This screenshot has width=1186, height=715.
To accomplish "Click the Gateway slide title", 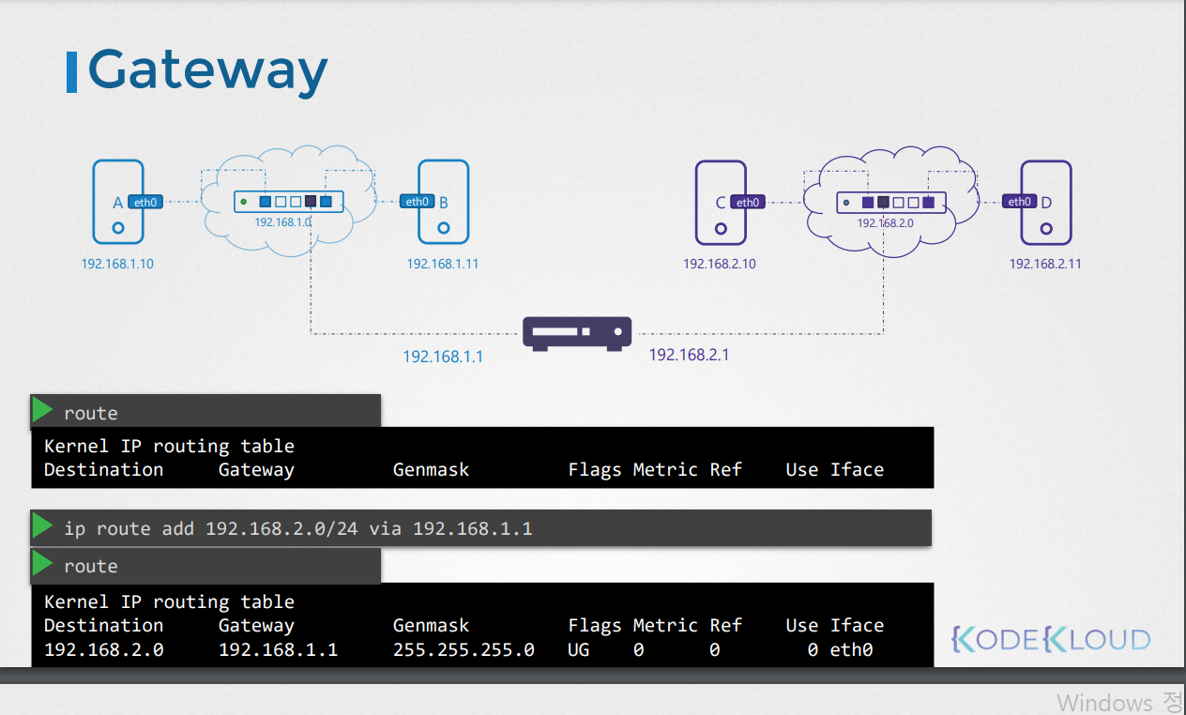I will [x=207, y=70].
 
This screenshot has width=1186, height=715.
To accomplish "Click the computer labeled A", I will [x=118, y=202].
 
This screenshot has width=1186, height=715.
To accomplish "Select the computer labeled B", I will [x=444, y=202].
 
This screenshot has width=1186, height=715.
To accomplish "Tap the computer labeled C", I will [x=720, y=202].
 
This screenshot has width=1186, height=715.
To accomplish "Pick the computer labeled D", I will [x=1045, y=202].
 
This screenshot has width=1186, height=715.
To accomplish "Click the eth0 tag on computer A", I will [x=145, y=202].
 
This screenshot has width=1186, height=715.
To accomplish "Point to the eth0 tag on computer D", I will [x=1019, y=202].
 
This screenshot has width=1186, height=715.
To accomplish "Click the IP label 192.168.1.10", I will [x=117, y=264].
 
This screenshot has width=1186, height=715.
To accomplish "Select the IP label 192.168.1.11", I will [x=442, y=264].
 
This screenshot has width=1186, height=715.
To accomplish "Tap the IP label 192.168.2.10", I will [x=719, y=264].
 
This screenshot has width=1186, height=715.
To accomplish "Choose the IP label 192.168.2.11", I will [x=1045, y=264].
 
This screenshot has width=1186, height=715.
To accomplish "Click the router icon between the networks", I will [x=577, y=333].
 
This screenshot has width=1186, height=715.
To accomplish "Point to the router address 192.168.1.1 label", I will [x=443, y=357].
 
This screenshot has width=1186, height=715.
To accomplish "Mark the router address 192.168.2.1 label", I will [x=689, y=355].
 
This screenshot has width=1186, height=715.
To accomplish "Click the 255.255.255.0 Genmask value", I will [x=464, y=649].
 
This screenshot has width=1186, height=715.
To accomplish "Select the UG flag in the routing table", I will [x=579, y=649].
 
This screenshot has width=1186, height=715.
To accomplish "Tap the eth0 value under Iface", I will [x=852, y=649].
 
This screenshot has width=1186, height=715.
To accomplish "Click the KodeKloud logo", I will [x=1051, y=640].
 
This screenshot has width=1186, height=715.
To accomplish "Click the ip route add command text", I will [x=297, y=528].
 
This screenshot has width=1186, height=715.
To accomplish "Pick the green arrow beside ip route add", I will [x=42, y=527].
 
